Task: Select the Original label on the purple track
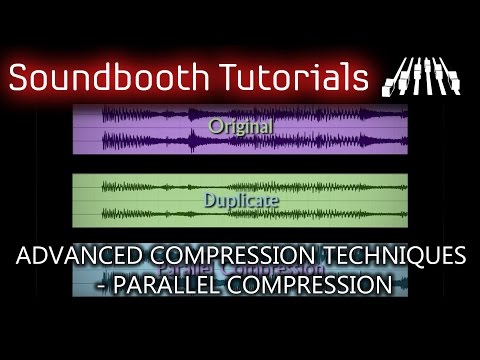(x=240, y=126)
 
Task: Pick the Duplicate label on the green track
(x=240, y=199)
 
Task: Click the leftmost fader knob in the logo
(x=393, y=76)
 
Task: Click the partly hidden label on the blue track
(x=240, y=269)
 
